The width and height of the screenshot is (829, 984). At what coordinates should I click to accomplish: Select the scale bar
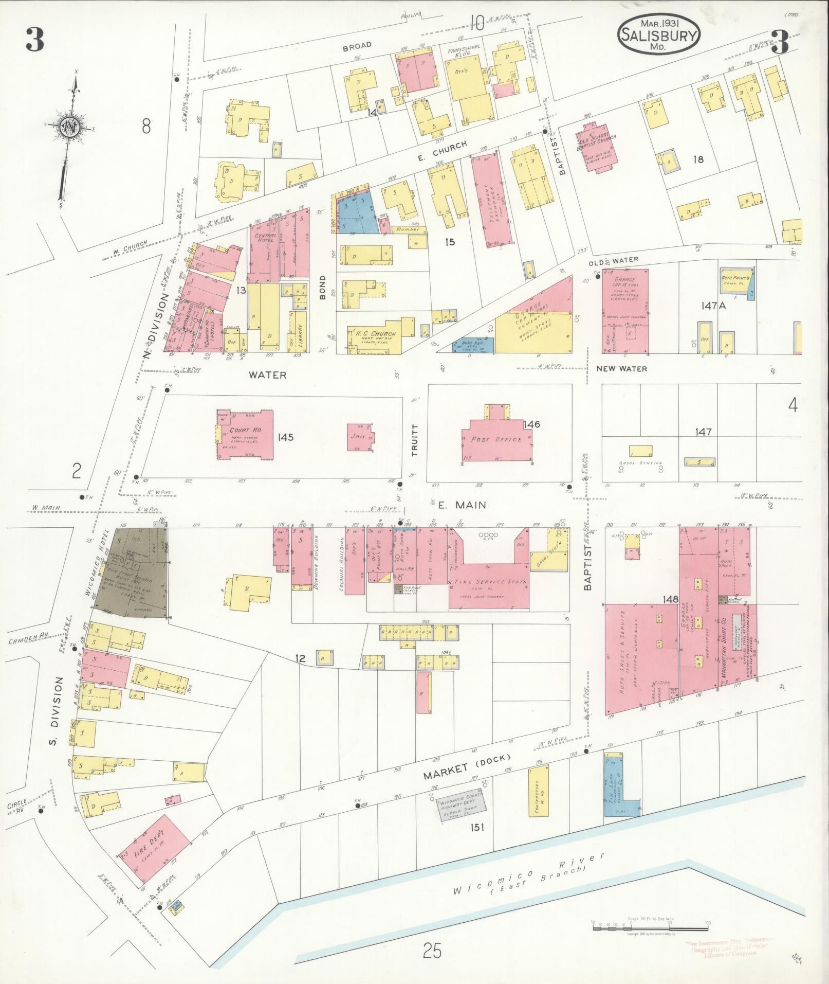point(650,928)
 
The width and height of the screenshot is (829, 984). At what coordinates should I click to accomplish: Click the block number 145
point(285,437)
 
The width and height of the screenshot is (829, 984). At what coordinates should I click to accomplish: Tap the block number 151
point(475,827)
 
